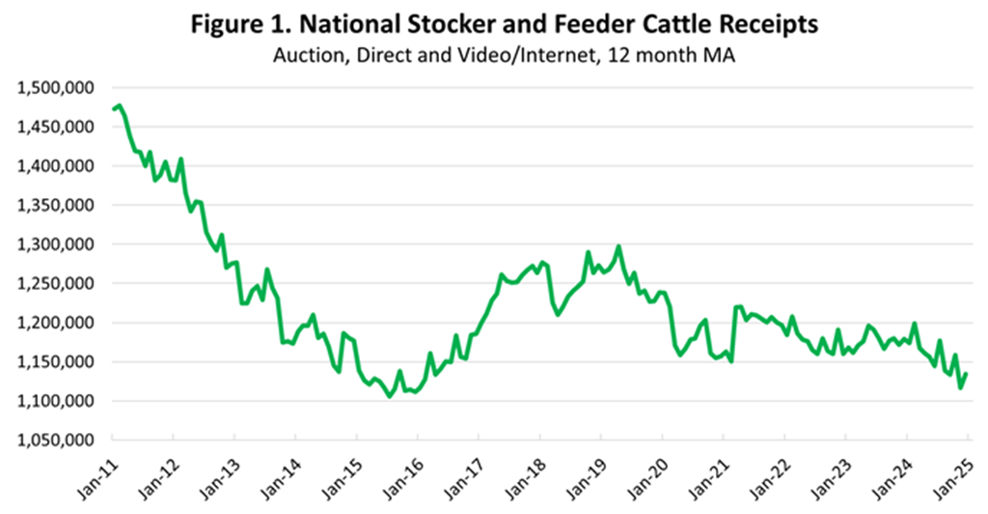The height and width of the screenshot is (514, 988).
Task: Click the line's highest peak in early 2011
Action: pos(118,105)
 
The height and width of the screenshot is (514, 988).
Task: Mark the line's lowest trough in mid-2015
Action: pos(390,396)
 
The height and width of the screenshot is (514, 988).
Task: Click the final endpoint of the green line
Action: pos(967,374)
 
